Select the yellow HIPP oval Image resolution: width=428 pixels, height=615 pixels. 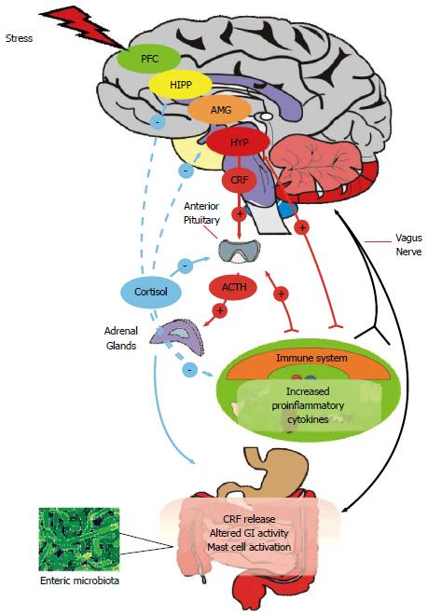pyautogui.click(x=181, y=85)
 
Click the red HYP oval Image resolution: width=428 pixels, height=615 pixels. pyautogui.click(x=238, y=143)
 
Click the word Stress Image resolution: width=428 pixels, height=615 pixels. pyautogui.click(x=21, y=39)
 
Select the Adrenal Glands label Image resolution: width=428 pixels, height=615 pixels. pyautogui.click(x=120, y=337)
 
